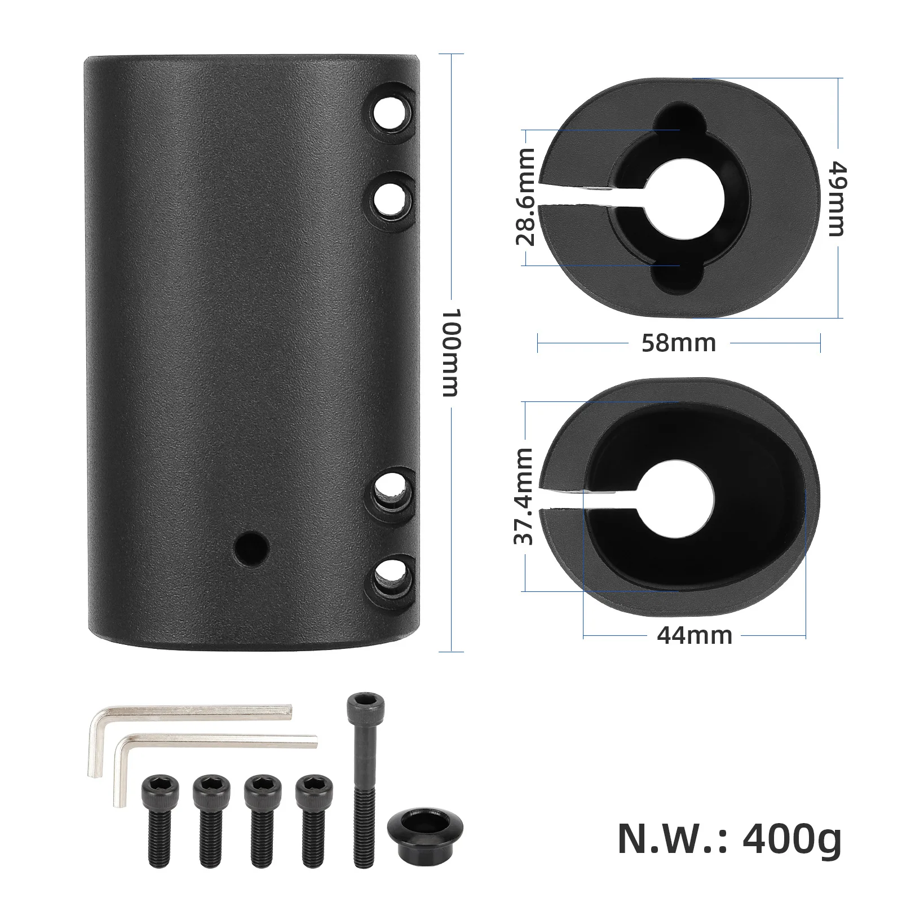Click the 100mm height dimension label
451,352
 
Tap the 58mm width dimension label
678,343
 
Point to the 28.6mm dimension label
525,197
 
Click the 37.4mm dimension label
524,496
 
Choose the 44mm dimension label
694,635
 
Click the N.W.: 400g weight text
729,839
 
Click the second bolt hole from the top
391,198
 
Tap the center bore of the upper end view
680,197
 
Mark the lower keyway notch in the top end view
679,277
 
